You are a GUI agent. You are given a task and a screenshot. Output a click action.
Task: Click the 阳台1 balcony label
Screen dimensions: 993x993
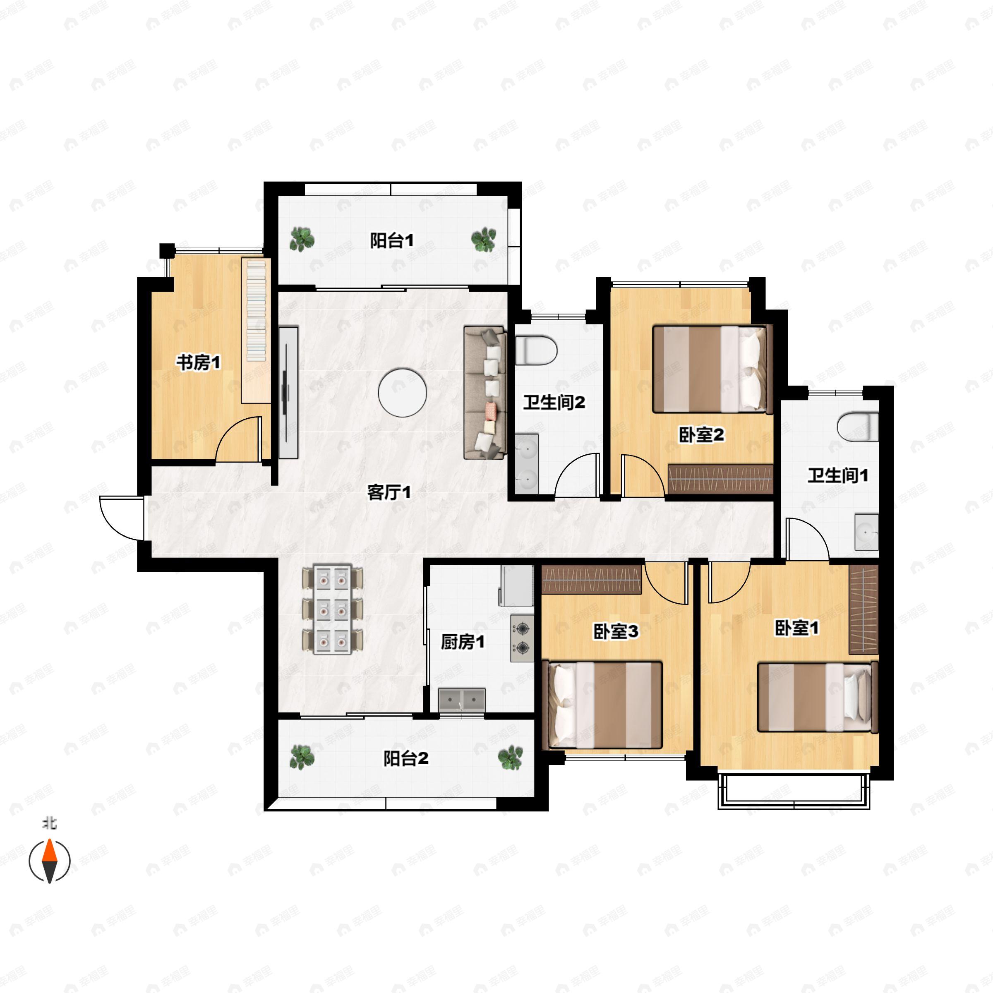[392, 240]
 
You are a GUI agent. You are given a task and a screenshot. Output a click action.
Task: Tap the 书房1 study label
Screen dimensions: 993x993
[199, 362]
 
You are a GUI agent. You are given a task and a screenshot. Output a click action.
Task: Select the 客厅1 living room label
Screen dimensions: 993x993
[389, 492]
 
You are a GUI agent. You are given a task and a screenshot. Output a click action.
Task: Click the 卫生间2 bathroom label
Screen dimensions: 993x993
[554, 403]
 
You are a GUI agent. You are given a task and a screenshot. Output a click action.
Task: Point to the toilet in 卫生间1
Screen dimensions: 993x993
[857, 427]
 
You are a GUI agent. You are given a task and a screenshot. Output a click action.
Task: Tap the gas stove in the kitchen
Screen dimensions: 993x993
[522, 638]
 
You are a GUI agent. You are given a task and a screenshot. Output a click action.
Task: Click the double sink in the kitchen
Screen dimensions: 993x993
[462, 700]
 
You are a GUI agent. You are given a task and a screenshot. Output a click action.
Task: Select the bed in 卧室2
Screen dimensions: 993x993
[713, 369]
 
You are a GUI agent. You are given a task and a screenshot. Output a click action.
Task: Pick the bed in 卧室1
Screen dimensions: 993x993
[817, 697]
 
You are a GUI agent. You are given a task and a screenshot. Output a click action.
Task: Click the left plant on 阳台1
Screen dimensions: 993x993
[302, 239]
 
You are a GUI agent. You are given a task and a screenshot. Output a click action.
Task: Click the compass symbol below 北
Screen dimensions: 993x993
[49, 861]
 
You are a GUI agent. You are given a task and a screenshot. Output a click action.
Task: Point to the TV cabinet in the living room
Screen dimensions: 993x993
[288, 392]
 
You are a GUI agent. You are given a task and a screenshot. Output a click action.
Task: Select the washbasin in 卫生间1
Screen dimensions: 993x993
[866, 531]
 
